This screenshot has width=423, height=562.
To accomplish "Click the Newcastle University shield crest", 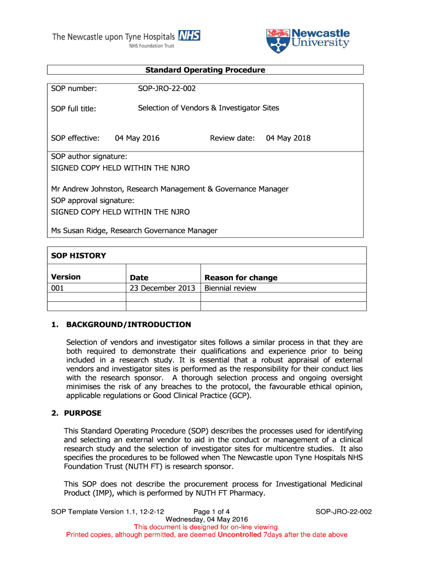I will (276, 41).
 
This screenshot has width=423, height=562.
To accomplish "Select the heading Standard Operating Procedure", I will (205, 70).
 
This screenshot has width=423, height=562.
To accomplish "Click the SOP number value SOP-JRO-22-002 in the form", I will (166, 88).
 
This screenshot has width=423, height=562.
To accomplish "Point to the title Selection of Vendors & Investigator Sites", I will (208, 108).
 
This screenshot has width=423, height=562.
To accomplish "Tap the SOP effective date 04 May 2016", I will (137, 138).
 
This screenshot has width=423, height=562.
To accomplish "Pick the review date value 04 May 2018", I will (288, 138).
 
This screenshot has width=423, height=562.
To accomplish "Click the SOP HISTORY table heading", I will (79, 256).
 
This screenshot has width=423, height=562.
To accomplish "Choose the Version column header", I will (66, 277).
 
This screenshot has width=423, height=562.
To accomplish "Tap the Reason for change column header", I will (241, 278).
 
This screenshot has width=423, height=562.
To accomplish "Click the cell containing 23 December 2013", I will (163, 288).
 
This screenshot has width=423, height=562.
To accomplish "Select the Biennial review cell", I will (230, 288).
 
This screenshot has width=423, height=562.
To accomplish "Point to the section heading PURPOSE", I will (83, 413).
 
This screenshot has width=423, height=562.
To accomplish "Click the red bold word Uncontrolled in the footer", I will (239, 535).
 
